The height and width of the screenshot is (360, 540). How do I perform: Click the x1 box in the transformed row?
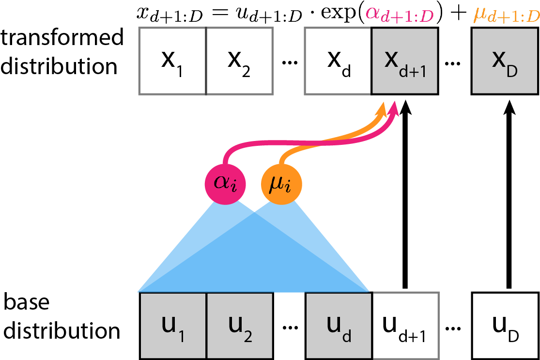click(x=173, y=61)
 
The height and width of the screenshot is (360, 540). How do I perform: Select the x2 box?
click(x=240, y=61)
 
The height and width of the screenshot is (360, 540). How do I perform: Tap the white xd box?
click(x=338, y=61)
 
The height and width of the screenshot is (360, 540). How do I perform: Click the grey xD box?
click(x=505, y=61)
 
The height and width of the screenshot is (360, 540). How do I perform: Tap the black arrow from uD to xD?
click(x=508, y=194)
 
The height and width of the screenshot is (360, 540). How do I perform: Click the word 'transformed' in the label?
click(x=62, y=38)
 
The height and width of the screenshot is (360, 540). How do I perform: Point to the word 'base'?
click(x=27, y=303)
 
